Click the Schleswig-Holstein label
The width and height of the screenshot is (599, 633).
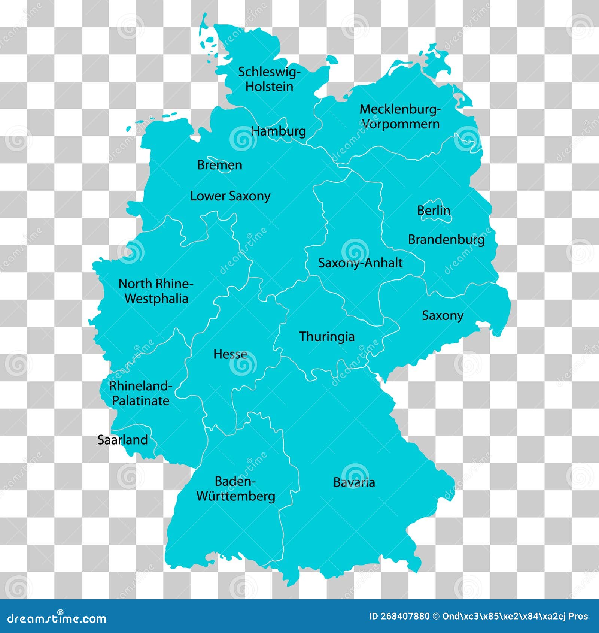tap(269, 79)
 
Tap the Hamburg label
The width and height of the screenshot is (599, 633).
tap(279, 131)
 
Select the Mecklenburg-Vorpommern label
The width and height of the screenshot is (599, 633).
tap(400, 116)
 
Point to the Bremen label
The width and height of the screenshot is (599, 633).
tap(219, 165)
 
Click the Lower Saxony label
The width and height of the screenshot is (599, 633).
tap(230, 196)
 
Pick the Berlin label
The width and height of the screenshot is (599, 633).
tap(434, 210)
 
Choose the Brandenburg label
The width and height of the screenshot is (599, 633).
tap(446, 240)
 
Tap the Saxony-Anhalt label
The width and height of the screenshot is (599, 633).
tap(360, 263)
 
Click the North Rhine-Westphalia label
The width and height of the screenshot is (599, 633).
tap(156, 291)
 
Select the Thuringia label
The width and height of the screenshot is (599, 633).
tap(327, 336)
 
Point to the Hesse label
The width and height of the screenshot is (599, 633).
tap(230, 354)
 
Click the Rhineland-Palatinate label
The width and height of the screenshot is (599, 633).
tap(141, 393)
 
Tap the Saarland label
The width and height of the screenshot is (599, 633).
tap(122, 440)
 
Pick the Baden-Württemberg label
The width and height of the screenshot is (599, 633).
tap(235, 489)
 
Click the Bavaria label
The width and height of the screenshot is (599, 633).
tap(354, 482)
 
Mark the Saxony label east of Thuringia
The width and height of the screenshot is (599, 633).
tap(443, 315)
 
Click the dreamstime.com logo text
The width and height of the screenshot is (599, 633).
tap(57, 618)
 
